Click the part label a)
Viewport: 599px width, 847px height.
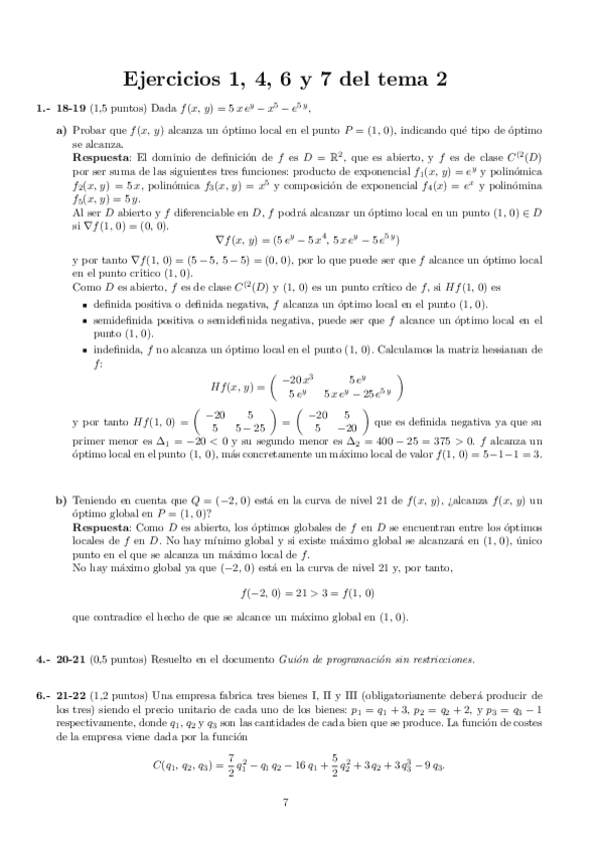(61, 131)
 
